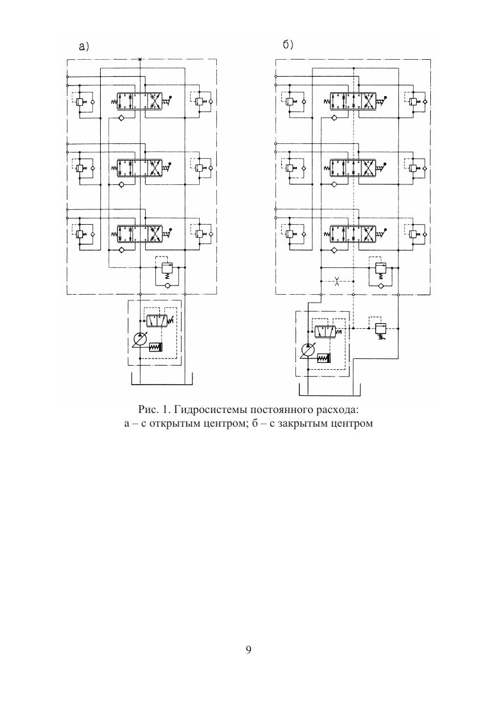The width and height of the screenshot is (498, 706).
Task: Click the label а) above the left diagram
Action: click(84, 47)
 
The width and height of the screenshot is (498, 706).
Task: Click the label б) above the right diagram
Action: click(288, 46)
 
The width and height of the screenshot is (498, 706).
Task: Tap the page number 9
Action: click(249, 650)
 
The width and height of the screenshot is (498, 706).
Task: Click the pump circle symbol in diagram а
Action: click(139, 340)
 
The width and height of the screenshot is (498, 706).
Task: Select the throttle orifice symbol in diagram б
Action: click(337, 280)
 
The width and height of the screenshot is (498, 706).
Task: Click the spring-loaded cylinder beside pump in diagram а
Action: click(155, 347)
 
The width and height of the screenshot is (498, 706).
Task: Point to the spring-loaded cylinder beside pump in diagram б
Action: click(324, 358)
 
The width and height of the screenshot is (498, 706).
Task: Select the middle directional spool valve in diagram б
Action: click(353, 168)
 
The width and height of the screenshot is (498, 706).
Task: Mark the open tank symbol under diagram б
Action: click(330, 389)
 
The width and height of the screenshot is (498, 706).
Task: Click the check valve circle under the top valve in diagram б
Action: click(334, 118)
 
